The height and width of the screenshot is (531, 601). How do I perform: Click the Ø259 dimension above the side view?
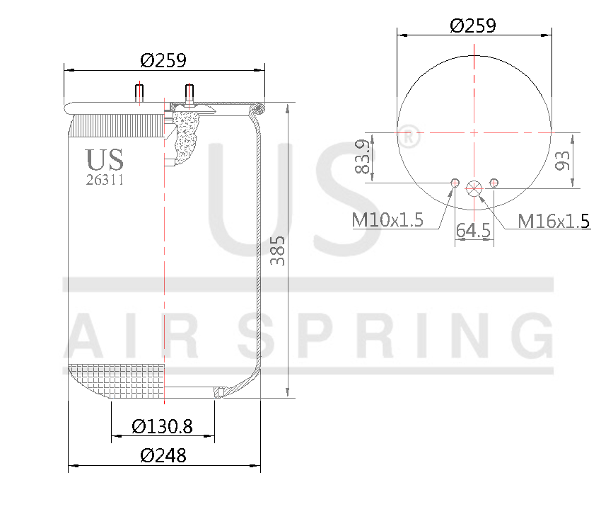163,60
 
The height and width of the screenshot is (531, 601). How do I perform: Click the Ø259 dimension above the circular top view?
473,25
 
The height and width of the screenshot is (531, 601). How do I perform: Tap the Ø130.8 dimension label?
163,426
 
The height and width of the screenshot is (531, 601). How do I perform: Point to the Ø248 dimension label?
163,456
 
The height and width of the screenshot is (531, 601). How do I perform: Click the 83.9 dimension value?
362,158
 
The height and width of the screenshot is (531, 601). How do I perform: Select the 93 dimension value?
563,161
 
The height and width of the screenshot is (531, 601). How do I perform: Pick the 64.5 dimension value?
473,231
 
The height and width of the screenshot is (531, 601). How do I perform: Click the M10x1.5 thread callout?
387,220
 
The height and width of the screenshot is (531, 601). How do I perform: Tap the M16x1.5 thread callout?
554,222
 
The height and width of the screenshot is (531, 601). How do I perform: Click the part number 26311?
105,180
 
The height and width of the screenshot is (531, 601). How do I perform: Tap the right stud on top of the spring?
189,93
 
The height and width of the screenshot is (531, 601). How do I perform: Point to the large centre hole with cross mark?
474,188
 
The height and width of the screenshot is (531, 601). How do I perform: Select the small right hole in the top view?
494,183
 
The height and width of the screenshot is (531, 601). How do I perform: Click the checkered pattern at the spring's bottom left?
117,382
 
